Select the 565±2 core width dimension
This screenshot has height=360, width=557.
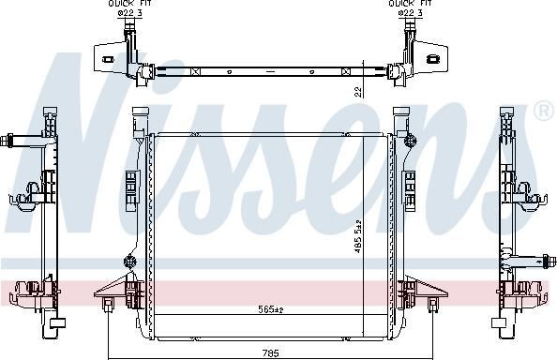270,308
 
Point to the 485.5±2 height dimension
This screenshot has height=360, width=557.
357,248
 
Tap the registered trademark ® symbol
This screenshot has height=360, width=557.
542,112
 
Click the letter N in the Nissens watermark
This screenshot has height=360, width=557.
75,159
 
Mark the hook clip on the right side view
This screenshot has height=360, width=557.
536,197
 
